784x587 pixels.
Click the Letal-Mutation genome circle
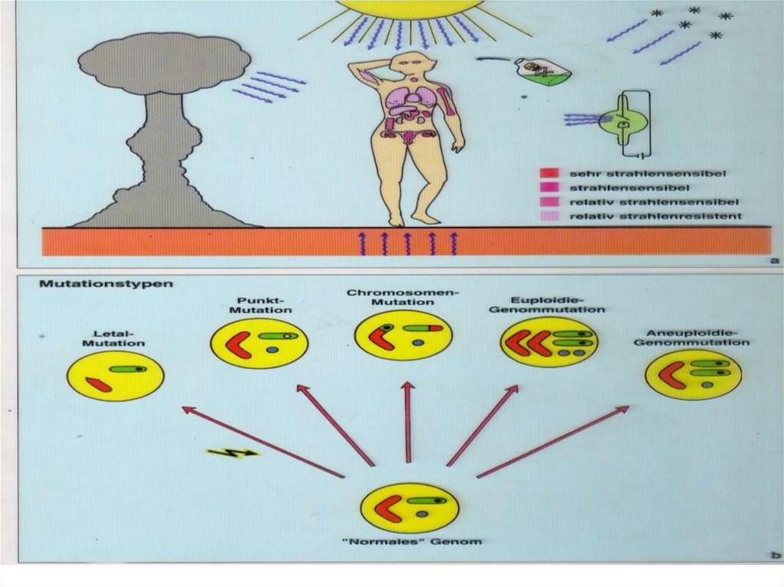[115, 376]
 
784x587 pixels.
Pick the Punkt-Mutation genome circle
[259, 344]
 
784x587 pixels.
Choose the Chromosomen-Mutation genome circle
[403, 335]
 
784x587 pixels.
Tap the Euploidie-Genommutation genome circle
[549, 342]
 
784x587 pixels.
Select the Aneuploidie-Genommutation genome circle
[693, 375]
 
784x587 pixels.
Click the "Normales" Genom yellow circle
[410, 507]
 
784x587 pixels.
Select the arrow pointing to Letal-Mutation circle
[262, 442]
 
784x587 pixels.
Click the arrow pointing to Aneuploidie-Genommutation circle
[553, 442]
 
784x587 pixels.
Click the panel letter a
[774, 260]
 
